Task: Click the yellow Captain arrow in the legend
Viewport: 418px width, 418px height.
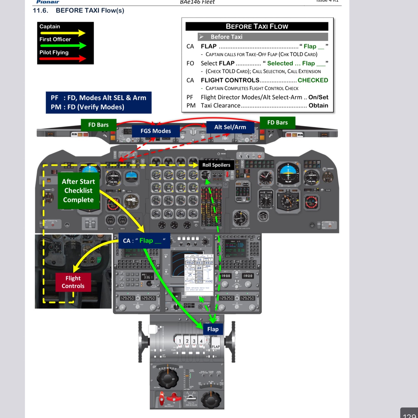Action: click(62, 33)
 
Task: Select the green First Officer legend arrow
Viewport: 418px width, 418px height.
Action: click(62, 46)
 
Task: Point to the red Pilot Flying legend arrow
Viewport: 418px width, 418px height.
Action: click(62, 59)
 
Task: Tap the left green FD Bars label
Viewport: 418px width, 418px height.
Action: click(98, 125)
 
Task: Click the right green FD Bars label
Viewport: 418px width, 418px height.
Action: click(277, 123)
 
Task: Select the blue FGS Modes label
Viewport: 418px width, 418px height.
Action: click(156, 131)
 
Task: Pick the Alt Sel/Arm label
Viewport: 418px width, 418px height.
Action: click(230, 127)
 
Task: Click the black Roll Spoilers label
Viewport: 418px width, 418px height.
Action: click(216, 165)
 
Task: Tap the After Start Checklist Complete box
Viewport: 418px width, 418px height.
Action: click(78, 191)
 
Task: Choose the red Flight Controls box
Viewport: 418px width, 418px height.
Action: click(73, 282)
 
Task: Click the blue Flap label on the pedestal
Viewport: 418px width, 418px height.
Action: click(213, 329)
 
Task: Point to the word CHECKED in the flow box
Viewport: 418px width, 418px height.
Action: click(313, 80)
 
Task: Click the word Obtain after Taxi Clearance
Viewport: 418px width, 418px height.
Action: click(318, 106)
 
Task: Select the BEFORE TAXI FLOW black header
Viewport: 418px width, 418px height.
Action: click(257, 26)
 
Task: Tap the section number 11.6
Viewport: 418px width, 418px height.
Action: click(40, 11)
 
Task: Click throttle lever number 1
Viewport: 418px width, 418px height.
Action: click(180, 341)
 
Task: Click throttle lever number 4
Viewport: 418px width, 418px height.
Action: click(201, 341)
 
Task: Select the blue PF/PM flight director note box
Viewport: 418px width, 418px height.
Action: click(98, 102)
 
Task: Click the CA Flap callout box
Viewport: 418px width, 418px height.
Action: click(144, 241)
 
